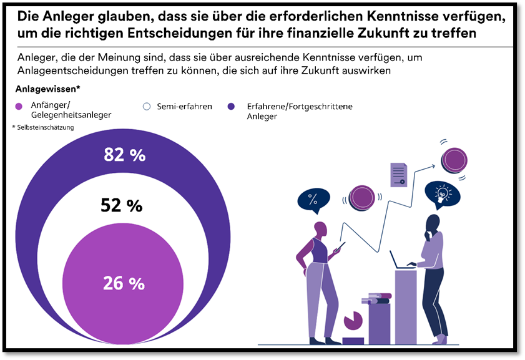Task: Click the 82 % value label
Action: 125,155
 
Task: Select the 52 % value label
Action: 122,205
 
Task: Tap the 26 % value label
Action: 124,283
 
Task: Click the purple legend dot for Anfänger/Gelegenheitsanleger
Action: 21,107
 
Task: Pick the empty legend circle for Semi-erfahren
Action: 147,107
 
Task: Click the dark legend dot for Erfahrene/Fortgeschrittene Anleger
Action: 232,107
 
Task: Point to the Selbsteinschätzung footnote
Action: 43,127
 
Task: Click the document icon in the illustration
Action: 398,175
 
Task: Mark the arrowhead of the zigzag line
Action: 434,167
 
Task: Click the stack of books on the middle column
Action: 380,298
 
